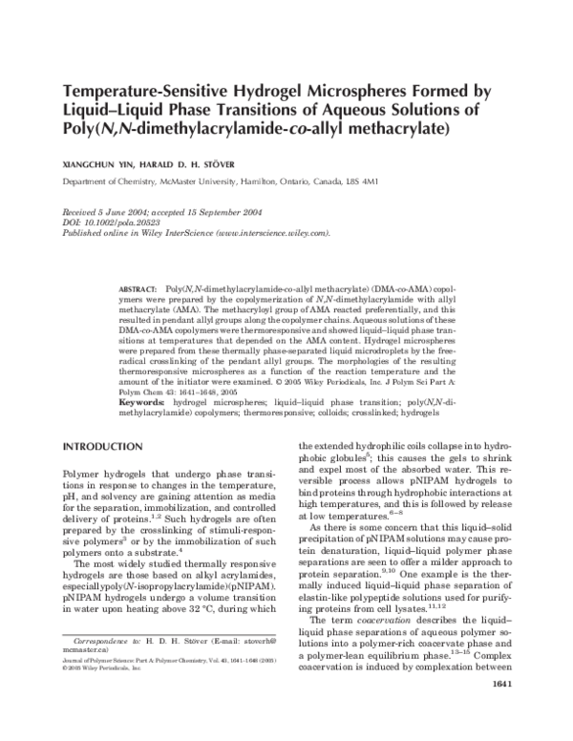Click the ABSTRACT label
[x=137, y=287]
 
